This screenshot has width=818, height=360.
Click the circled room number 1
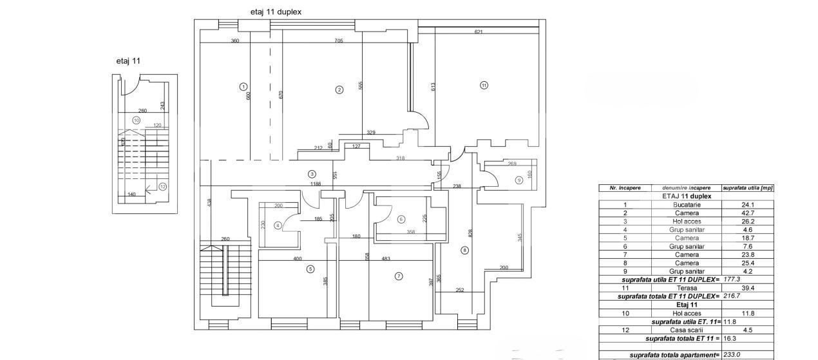click(x=243, y=86)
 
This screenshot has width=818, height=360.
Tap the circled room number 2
click(x=339, y=90)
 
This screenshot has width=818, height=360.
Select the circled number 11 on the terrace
click(x=484, y=84)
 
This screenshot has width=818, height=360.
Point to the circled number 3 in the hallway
click(x=312, y=174)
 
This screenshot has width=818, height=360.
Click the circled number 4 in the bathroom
click(x=278, y=225)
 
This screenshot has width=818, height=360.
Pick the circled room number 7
click(x=399, y=276)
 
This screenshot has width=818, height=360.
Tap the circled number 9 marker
click(x=518, y=180)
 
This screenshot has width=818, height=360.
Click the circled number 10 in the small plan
click(x=136, y=120)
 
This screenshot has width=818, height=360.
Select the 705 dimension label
click(x=338, y=41)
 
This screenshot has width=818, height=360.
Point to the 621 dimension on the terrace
click(x=479, y=32)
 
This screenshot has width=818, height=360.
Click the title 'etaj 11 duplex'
click(x=276, y=12)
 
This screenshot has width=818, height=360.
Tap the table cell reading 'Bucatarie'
click(x=687, y=205)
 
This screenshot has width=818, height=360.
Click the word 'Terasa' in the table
click(x=687, y=289)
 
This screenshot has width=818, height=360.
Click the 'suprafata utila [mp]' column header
click(x=747, y=188)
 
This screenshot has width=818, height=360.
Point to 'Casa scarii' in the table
click(x=687, y=330)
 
